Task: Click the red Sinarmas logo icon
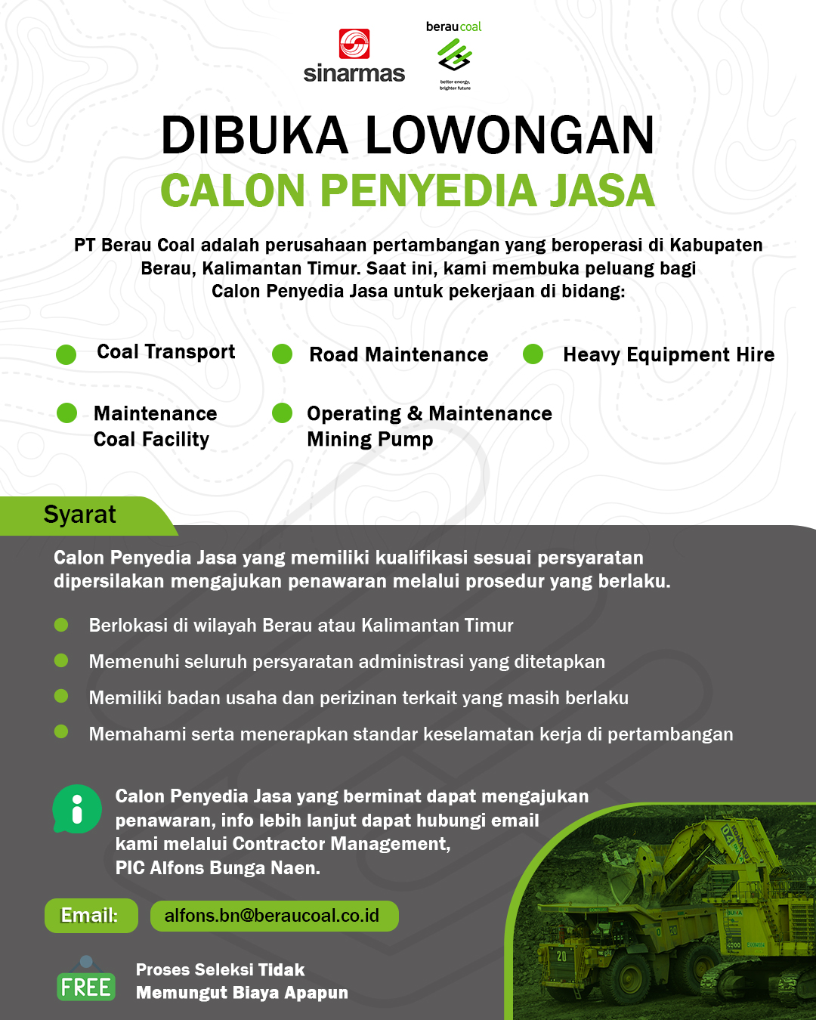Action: pos(354,44)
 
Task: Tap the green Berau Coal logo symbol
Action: pos(454,55)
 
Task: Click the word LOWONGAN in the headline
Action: pos(510,136)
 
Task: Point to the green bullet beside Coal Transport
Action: pos(66,354)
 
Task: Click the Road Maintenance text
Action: pos(398,354)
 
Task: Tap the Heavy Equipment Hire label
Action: pos(668,354)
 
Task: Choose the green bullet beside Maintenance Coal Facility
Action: pos(67,413)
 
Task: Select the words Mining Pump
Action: pos(369,439)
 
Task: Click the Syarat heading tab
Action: pos(80,515)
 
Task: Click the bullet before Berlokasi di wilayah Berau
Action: pos(61,625)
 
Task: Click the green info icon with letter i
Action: pos(76,809)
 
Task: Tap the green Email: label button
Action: pos(91,916)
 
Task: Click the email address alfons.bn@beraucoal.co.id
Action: pos(273,916)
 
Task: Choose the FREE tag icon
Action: pos(86,984)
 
